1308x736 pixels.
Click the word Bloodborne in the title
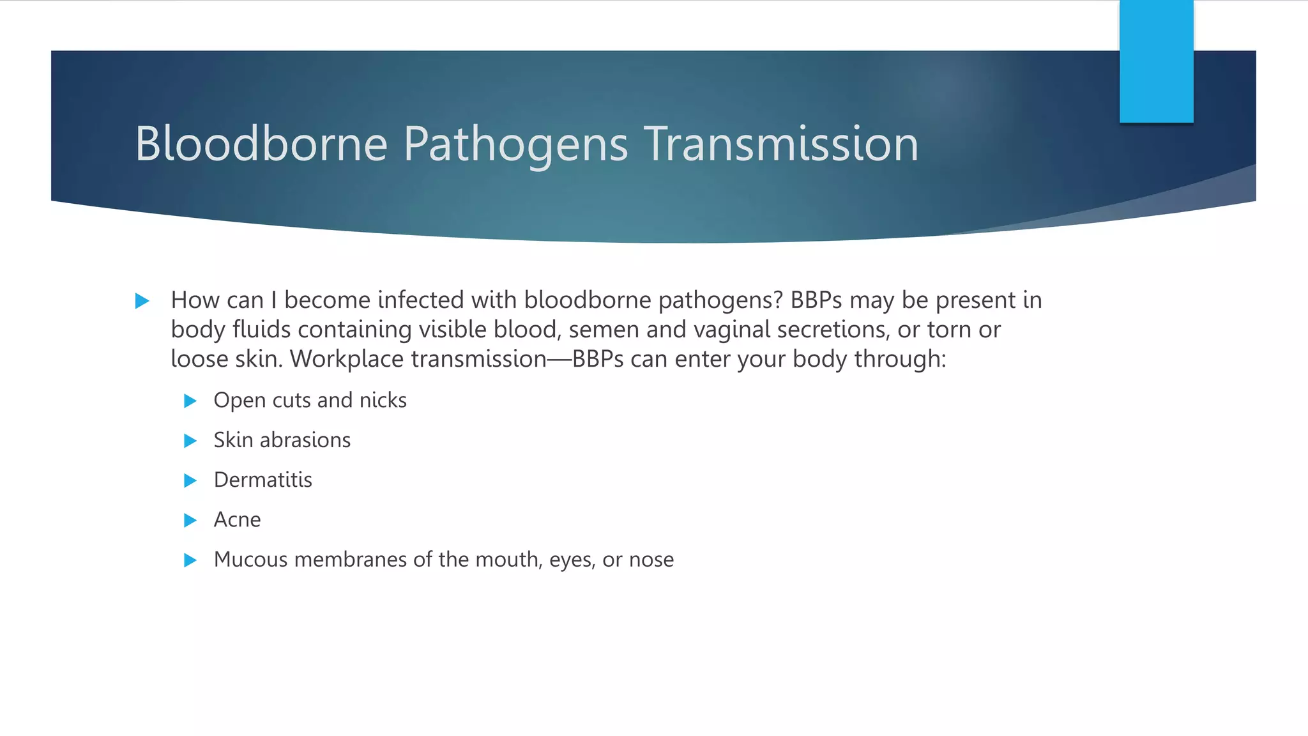point(261,144)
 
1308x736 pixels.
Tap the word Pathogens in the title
point(515,145)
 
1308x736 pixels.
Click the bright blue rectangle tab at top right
point(1156,61)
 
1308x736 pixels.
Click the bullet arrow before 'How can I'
point(142,301)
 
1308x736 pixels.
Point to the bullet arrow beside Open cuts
point(190,401)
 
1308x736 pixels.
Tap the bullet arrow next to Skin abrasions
point(190,441)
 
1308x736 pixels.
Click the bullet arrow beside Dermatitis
point(190,480)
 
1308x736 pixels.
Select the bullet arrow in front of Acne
point(190,521)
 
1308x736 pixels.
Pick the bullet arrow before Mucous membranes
point(190,560)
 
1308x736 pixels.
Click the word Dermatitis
point(262,480)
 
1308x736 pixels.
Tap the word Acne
point(237,520)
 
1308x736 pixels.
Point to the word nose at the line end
point(651,560)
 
